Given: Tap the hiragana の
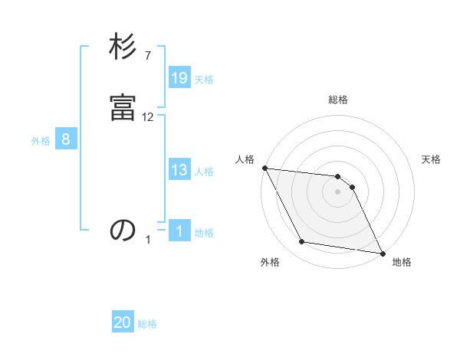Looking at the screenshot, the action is (123, 231).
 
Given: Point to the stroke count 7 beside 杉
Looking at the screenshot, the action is (148, 55).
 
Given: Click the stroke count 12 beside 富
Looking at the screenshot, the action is (148, 116).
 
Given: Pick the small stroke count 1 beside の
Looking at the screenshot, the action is (148, 240).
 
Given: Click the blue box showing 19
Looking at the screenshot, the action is (179, 78).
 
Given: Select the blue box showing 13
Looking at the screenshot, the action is (179, 170).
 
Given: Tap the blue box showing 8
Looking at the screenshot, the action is (66, 139).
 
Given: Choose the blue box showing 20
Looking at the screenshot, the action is (123, 322).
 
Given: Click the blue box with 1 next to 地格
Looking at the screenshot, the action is (179, 231).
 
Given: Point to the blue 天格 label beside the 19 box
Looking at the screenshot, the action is (204, 80).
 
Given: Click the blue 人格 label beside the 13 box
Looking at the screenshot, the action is (204, 172).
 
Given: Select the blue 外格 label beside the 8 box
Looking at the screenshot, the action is (41, 141).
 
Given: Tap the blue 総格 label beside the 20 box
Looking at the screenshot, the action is (147, 324).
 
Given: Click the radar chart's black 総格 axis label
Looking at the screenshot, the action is (338, 100).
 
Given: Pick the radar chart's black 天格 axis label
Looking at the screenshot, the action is (432, 159).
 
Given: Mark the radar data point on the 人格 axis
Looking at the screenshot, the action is (264, 168).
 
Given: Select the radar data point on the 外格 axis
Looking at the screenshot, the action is (302, 242).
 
